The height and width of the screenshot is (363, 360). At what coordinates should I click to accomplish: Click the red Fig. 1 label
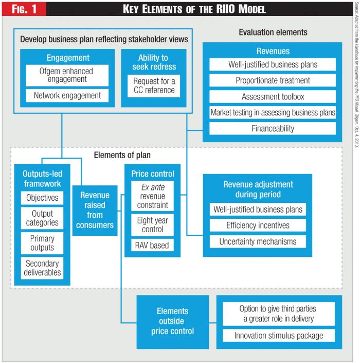click(23, 9)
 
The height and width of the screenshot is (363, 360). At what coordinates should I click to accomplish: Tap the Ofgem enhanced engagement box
click(67, 75)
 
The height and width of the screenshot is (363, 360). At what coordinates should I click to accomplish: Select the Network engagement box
click(67, 95)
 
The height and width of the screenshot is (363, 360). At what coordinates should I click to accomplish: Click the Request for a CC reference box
click(154, 86)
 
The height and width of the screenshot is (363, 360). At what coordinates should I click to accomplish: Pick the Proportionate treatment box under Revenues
click(273, 81)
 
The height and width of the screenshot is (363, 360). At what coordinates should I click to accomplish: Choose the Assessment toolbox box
click(273, 96)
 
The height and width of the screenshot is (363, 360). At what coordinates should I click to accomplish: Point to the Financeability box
click(273, 128)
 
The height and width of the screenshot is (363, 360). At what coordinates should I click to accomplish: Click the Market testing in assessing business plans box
click(273, 112)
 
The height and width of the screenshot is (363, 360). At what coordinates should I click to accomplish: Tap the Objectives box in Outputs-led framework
click(42, 198)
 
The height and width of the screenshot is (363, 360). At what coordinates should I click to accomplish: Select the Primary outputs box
click(42, 243)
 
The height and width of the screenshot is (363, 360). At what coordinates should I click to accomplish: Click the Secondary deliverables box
click(42, 268)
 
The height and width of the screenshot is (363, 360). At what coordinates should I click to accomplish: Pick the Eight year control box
click(153, 224)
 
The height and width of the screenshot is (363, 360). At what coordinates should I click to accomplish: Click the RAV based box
click(153, 245)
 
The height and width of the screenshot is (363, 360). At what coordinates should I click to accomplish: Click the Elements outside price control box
click(173, 321)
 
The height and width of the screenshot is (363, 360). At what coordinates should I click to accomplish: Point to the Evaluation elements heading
click(273, 32)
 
